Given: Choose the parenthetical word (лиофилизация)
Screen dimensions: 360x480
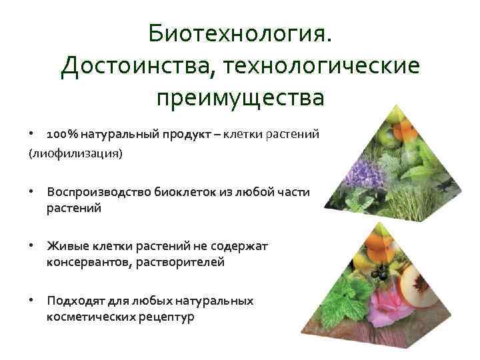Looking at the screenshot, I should click(x=75, y=153).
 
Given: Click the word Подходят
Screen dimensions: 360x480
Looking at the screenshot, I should click(x=73, y=301).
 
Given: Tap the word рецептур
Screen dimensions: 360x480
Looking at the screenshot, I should click(x=167, y=317).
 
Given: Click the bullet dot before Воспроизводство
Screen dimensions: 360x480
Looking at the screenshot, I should click(x=31, y=191).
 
